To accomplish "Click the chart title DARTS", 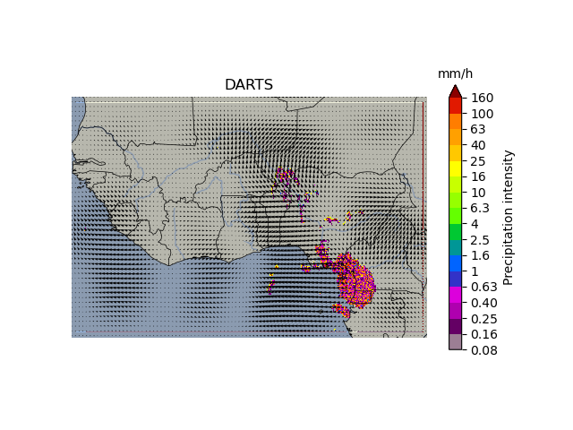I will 249,85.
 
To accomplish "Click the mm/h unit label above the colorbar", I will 455,73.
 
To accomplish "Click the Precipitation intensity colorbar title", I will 509,217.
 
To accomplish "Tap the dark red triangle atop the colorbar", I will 456,91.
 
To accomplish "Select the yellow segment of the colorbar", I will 456,168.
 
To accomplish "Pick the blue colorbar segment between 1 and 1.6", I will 456,263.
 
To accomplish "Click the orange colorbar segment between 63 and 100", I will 456,121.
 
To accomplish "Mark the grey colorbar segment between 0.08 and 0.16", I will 456,342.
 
